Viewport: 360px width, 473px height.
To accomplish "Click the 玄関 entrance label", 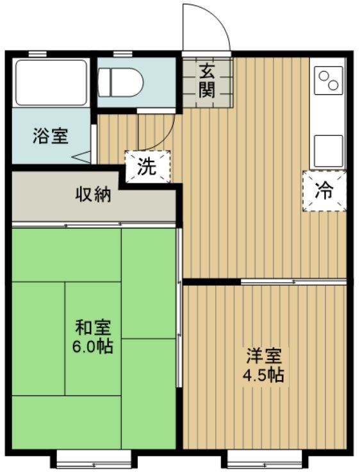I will (x=206, y=81).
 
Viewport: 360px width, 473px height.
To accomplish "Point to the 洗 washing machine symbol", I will (x=147, y=167).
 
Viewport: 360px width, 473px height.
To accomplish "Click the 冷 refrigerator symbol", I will (x=324, y=190).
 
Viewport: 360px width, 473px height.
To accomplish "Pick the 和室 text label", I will (x=94, y=328).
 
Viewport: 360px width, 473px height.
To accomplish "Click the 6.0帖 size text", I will (x=94, y=347).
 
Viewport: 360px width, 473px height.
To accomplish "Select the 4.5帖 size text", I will (x=264, y=376).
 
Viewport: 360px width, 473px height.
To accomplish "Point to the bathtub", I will (x=51, y=82).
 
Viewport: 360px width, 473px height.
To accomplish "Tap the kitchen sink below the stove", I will (x=328, y=149).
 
